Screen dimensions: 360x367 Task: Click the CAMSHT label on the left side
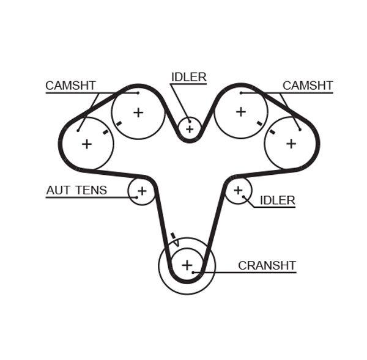(70, 86)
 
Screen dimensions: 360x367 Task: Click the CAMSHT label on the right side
(307, 86)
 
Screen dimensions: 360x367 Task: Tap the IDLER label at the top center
(188, 77)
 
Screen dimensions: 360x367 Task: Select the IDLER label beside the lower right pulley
(277, 200)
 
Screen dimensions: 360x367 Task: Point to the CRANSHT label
(267, 266)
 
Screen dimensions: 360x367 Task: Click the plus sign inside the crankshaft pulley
(187, 265)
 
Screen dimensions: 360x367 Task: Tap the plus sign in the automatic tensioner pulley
(142, 191)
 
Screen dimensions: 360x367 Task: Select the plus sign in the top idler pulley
(190, 129)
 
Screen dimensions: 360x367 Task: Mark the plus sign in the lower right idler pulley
(238, 191)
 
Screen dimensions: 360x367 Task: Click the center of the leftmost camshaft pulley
(87, 144)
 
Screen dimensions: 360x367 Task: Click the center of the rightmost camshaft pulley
(291, 144)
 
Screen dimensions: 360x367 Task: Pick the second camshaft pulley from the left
(138, 112)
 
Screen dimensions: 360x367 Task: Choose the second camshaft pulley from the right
(240, 112)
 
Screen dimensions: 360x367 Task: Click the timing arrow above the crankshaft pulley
(174, 238)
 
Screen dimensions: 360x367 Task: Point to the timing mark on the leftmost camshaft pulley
(106, 131)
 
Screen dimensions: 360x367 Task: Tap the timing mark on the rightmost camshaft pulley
(272, 131)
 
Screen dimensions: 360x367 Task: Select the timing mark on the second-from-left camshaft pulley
(119, 123)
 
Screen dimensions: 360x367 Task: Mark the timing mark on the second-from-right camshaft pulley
(259, 123)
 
